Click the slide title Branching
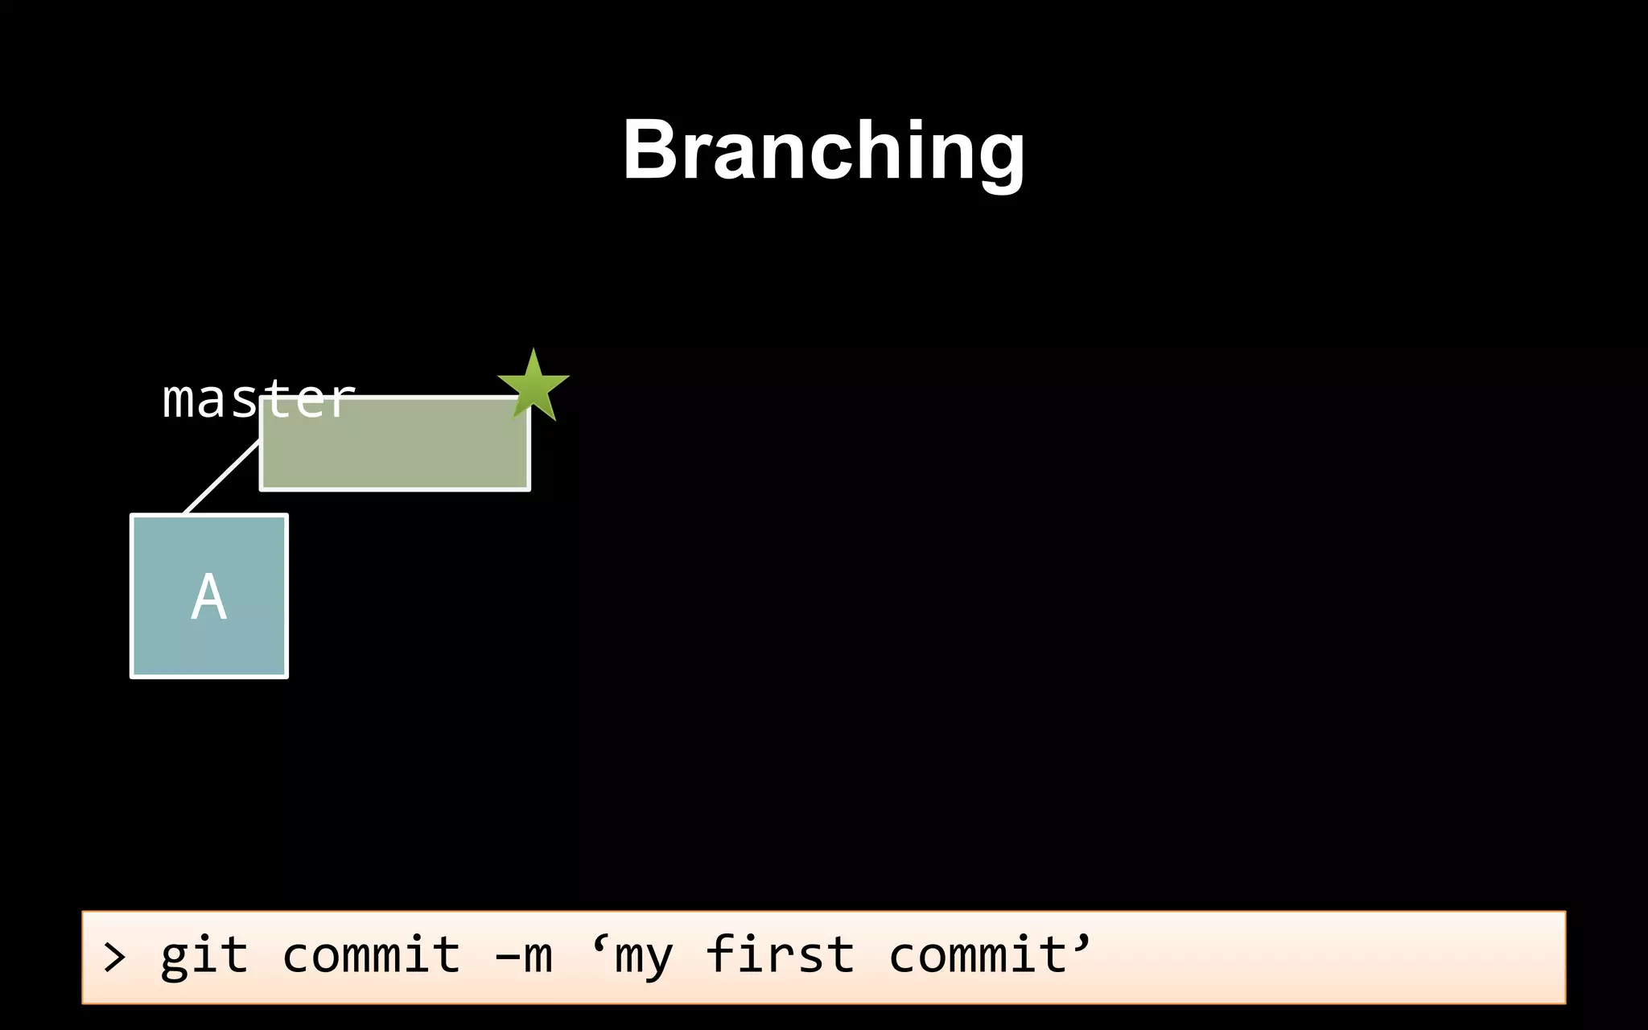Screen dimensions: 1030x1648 [x=823, y=150]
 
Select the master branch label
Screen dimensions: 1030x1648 [x=257, y=398]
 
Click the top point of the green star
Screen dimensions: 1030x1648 [x=533, y=352]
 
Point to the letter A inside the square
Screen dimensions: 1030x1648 [x=209, y=597]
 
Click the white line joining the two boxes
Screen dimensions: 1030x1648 [x=222, y=476]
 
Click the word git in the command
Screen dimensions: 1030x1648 [x=204, y=956]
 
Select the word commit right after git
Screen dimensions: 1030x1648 [x=371, y=956]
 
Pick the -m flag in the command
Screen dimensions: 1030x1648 [x=524, y=956]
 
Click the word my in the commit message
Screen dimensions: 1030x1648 [x=643, y=958]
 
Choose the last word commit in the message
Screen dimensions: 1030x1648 [x=978, y=956]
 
